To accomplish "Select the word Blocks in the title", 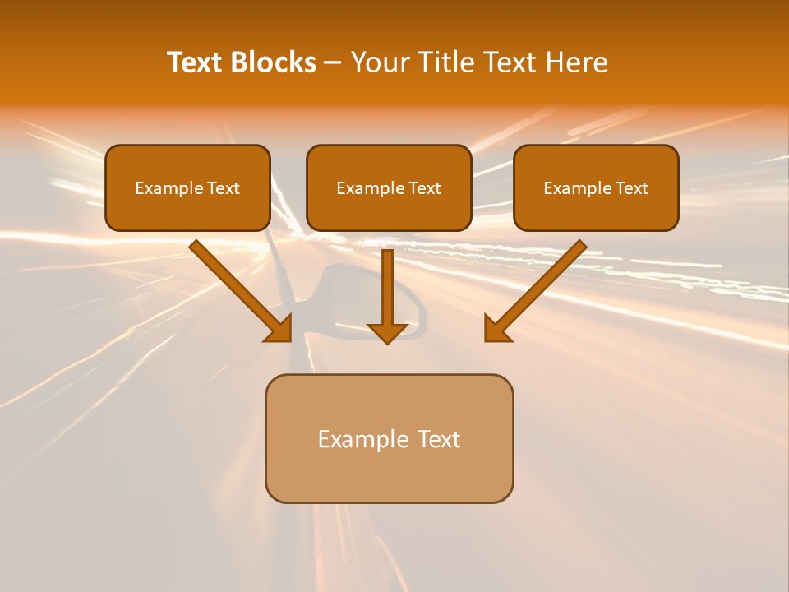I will coord(272,62).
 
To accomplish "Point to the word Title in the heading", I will coord(446,62).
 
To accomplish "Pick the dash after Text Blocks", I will coord(333,63).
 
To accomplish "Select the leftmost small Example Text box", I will coord(187,187).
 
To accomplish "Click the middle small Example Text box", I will coord(389,187).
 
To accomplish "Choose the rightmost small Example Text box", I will coord(596,187).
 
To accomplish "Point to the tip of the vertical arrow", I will coord(387,340).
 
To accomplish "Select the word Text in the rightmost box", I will coord(633,188).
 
